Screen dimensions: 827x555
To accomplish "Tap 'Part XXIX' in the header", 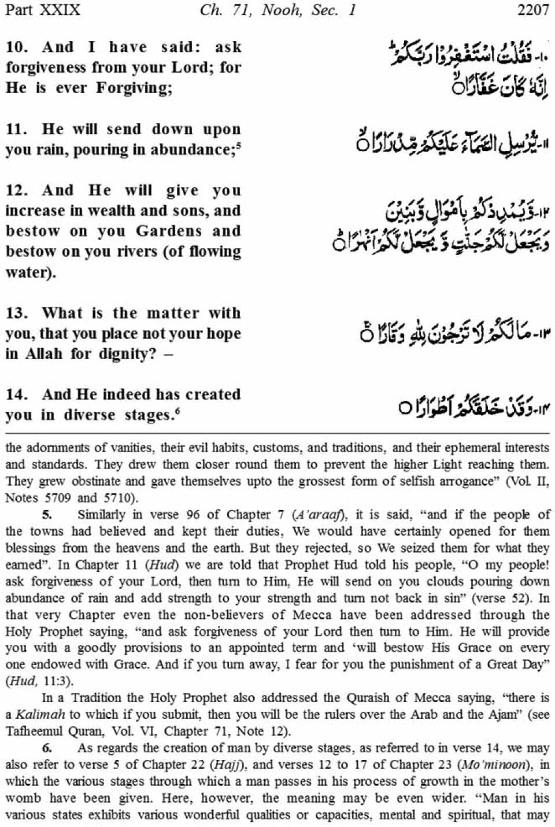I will (x=43, y=10).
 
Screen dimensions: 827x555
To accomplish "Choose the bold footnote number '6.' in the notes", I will (x=48, y=748).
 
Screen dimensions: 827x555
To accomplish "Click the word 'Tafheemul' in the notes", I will (x=34, y=731).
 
